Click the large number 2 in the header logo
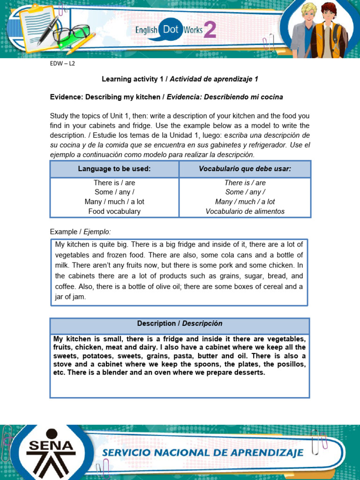[210, 30]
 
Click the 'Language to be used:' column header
[114, 169]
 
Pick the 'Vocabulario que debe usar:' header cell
[245, 169]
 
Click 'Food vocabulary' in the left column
[114, 211]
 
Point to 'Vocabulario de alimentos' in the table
[245, 211]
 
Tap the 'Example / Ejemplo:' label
[80, 232]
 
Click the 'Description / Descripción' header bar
[180, 324]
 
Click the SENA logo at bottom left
[51, 451]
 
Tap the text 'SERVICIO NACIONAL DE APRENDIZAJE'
[203, 452]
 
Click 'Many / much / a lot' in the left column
[114, 202]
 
